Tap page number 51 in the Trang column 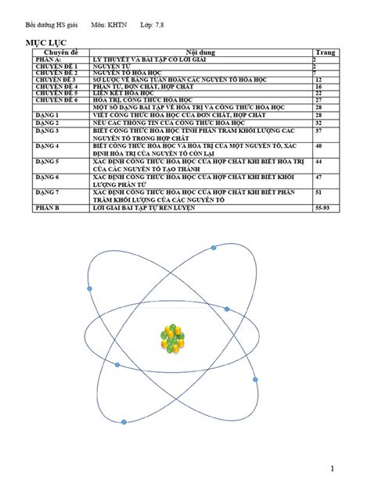click(x=318, y=191)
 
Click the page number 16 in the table click(x=318, y=86)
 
